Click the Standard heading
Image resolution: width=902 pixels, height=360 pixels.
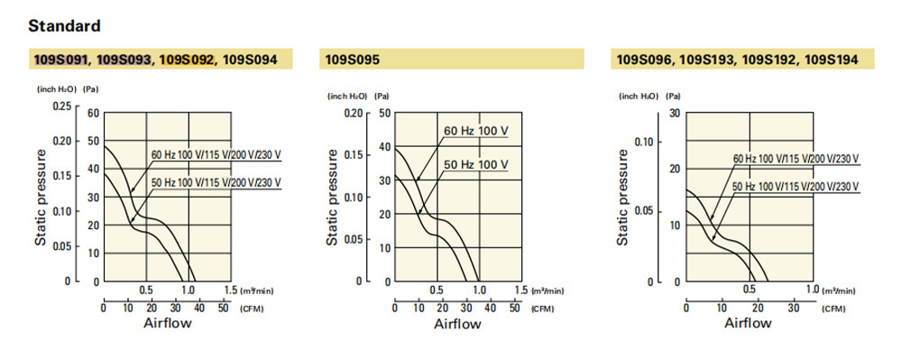(64, 26)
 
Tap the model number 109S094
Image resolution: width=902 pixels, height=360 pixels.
(250, 60)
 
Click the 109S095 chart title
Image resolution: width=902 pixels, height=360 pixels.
(353, 60)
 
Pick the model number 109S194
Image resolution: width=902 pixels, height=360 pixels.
(832, 60)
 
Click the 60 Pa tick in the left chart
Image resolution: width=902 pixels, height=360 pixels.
(93, 113)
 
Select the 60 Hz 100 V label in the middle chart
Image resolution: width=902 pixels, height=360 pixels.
(476, 131)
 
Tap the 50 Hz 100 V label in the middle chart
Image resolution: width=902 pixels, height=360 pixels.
(476, 165)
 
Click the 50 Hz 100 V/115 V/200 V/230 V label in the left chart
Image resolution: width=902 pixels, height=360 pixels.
(216, 183)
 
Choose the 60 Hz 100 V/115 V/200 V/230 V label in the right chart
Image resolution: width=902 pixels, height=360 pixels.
(796, 158)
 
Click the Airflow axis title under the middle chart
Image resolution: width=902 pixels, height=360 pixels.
(457, 324)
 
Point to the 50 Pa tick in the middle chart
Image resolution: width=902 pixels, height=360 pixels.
(384, 113)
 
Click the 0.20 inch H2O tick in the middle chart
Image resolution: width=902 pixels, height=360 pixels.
(354, 113)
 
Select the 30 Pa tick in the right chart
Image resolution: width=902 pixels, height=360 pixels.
(676, 113)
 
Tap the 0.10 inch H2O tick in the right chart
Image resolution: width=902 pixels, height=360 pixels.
(644, 142)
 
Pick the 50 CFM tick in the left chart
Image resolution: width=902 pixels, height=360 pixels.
(224, 309)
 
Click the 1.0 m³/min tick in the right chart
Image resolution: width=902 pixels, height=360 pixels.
(813, 289)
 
